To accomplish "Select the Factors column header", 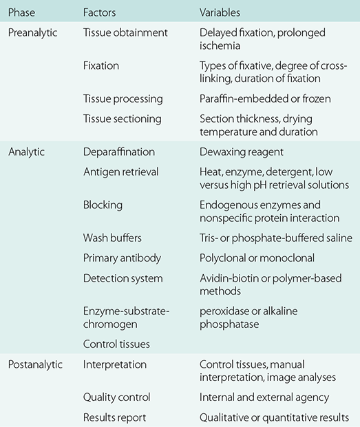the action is (100, 13).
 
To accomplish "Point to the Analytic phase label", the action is (27, 151).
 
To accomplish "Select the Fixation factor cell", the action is (101, 66).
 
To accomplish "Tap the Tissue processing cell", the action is (122, 99).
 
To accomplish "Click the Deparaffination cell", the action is (118, 151).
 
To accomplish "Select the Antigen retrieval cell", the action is (120, 171).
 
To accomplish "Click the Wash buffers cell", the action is (112, 238).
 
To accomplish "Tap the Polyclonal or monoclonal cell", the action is (256, 258).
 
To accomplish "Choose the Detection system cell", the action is (123, 278).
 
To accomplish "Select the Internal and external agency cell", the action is (264, 397).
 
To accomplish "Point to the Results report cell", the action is (115, 417).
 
